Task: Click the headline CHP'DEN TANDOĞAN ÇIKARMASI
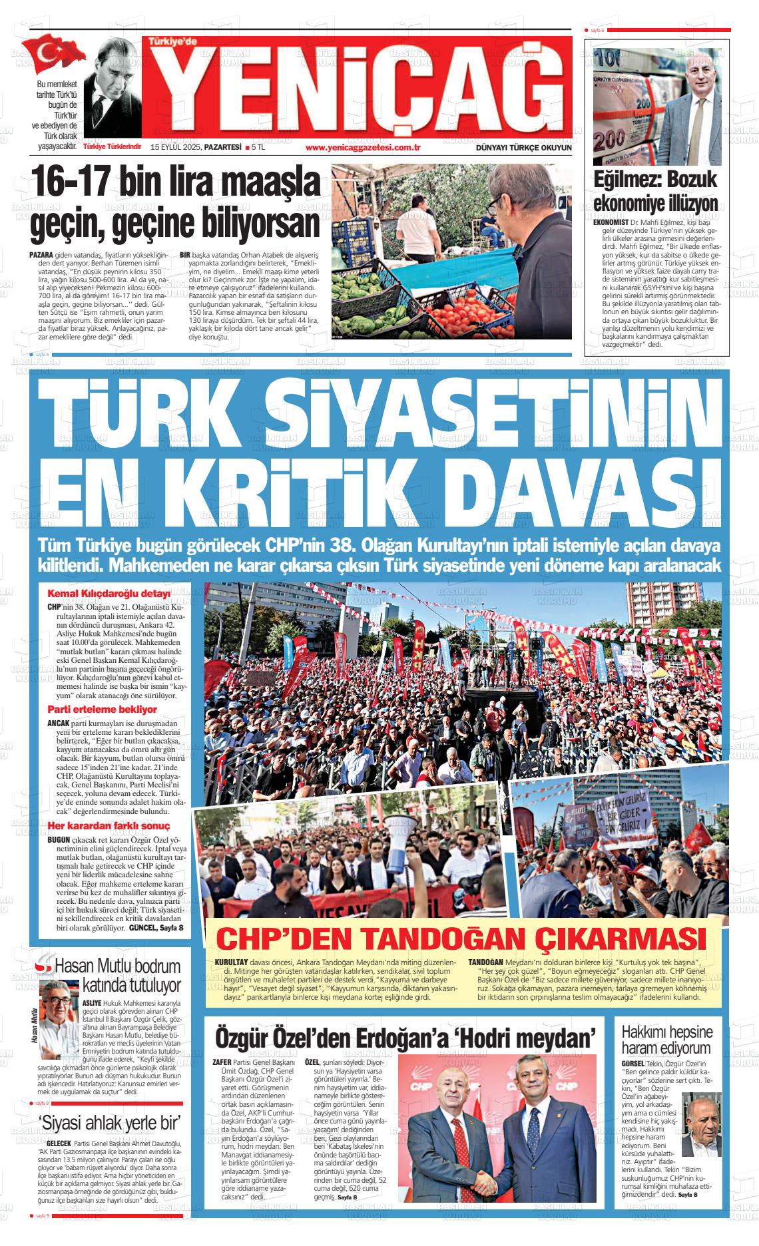tap(462, 939)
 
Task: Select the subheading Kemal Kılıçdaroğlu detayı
tap(109, 594)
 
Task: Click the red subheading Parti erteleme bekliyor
tap(102, 710)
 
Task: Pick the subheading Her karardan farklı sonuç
tap(109, 826)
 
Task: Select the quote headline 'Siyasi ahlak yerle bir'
tap(111, 1123)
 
